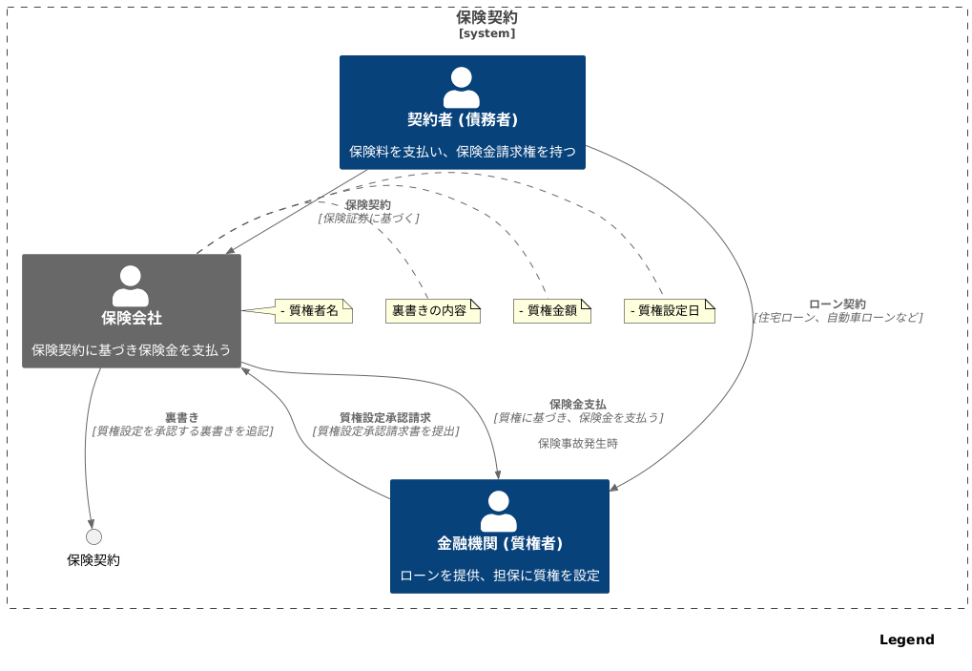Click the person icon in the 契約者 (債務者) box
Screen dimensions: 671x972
point(462,88)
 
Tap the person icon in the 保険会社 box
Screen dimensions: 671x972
point(131,286)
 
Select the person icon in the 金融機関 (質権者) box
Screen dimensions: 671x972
point(499,512)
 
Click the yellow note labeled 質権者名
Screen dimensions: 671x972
point(314,311)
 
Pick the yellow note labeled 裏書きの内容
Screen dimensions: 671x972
point(432,311)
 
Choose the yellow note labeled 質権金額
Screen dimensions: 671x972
point(551,311)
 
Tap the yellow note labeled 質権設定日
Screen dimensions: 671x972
point(669,311)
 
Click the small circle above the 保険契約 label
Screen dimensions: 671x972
point(93,536)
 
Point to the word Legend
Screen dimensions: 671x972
point(906,640)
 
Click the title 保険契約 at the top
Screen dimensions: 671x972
point(486,17)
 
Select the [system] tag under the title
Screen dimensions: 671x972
point(486,33)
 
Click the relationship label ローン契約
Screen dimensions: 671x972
point(837,304)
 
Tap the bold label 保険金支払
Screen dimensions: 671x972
point(577,404)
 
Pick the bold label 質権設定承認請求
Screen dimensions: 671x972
point(384,417)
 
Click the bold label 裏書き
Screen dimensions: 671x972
point(181,417)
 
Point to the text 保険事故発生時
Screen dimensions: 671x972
point(577,444)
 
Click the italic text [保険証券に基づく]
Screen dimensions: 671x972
point(368,219)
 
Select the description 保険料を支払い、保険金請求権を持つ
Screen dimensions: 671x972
point(462,152)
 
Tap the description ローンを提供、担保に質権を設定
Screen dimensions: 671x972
point(499,576)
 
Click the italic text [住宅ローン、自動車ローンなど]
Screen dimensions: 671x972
point(837,318)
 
